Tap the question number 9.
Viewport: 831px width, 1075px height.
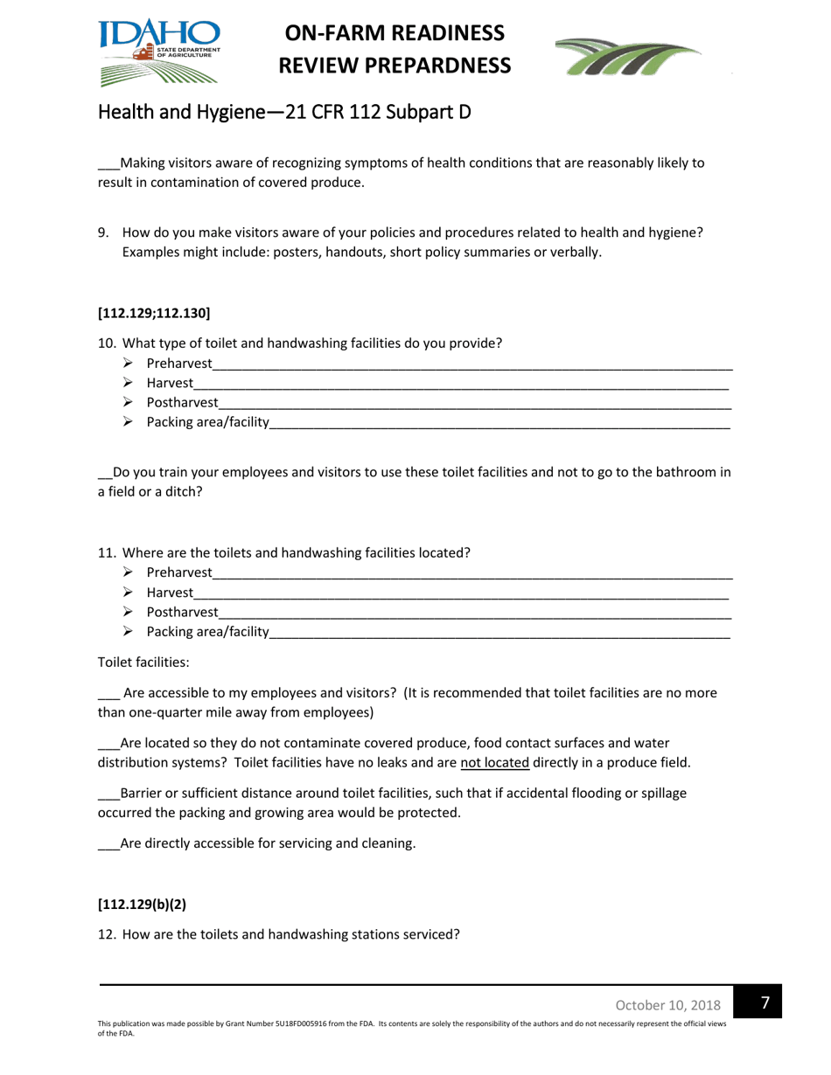103,232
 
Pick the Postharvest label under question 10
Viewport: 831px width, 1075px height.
182,403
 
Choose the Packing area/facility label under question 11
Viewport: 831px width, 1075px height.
207,632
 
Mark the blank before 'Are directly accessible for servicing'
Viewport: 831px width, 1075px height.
108,844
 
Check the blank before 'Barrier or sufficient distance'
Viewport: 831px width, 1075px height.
108,794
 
